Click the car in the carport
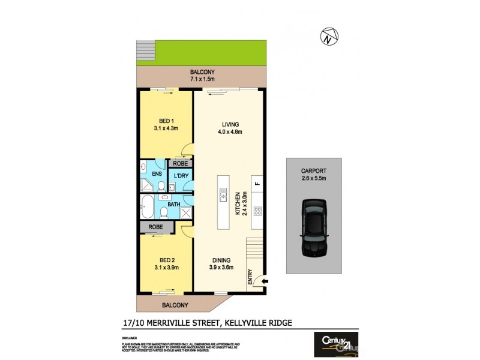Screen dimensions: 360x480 [x=313, y=228]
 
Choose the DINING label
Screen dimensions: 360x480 [x=221, y=260]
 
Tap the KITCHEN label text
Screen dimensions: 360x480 [x=238, y=205]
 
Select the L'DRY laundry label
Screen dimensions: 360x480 [x=181, y=176]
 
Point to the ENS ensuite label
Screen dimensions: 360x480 [x=157, y=174]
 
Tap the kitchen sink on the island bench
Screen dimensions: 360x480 [x=223, y=195]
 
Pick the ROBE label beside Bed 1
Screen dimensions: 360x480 [x=179, y=163]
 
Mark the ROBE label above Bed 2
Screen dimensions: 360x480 [x=155, y=227]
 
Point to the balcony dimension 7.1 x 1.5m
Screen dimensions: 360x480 [x=202, y=79]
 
